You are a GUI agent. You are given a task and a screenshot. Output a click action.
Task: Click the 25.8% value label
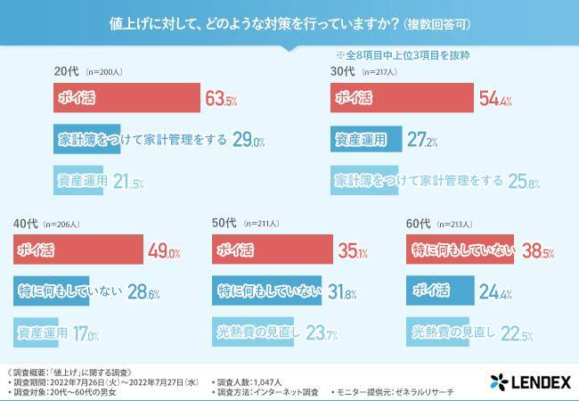coord(525,181)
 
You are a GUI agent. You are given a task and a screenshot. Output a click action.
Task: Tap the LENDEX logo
coord(529,382)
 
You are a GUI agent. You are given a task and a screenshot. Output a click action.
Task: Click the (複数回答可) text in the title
coord(444,20)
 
